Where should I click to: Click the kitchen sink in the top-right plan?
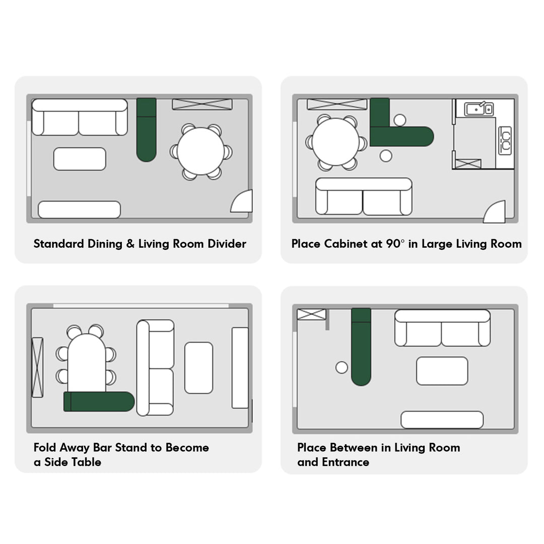(x=479, y=109)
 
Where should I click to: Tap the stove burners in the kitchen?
(x=505, y=140)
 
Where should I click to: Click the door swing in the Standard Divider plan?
(x=241, y=201)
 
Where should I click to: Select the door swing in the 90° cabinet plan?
(x=494, y=212)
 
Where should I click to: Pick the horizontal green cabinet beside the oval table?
(x=99, y=401)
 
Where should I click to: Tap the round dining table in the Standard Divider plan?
(x=200, y=151)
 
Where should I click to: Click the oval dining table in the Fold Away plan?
(x=87, y=363)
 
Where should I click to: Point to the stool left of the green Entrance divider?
(x=342, y=367)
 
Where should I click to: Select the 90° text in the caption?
(x=395, y=244)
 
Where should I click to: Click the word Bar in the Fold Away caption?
(x=102, y=448)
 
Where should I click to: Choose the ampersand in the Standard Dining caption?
(x=130, y=244)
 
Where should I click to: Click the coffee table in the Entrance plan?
(x=442, y=371)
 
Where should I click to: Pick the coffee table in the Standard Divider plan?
(x=80, y=159)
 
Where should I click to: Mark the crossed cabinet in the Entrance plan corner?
(x=312, y=314)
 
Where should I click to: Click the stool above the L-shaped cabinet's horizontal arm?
(x=400, y=120)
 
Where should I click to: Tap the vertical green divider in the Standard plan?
(x=147, y=130)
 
